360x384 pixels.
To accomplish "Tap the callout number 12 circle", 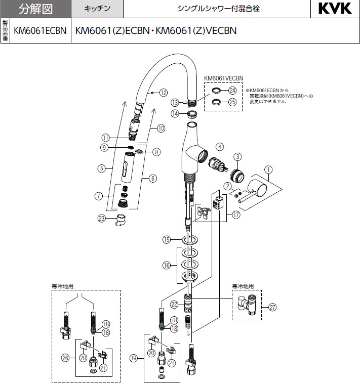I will [163, 93].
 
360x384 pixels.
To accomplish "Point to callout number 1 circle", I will [269, 170].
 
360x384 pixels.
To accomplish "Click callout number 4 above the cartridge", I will [219, 147].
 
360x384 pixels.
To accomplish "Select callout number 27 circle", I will [273, 307].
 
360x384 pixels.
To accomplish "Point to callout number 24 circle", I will [232, 90].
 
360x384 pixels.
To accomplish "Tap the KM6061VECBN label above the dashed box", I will [224, 78].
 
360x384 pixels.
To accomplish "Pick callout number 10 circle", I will [161, 129].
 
